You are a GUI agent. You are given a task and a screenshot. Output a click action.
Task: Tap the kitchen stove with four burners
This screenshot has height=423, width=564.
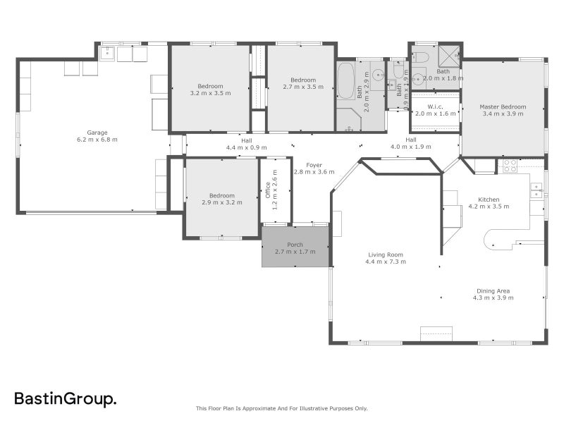point(508,166)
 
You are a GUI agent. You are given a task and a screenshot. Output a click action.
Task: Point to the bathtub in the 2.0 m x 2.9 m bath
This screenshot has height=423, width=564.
point(345,82)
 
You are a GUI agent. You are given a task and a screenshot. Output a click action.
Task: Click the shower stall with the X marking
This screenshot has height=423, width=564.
point(449,54)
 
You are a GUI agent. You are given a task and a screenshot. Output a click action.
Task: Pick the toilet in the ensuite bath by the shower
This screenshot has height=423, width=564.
point(420,56)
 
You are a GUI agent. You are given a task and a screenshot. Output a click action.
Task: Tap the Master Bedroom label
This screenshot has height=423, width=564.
point(503,106)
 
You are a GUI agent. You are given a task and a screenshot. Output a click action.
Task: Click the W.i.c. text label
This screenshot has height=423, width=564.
point(425,106)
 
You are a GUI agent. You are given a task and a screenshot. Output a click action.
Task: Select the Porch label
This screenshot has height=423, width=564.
point(295,245)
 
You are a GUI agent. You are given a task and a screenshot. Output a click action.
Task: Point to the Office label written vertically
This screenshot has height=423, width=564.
point(267,190)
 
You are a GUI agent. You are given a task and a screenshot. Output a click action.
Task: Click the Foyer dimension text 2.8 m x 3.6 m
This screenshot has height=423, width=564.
point(314,172)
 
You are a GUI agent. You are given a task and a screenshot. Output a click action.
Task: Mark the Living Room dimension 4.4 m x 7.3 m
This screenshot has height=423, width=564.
point(385,262)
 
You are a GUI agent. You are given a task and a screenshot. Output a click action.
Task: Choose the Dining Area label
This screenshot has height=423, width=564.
point(493,290)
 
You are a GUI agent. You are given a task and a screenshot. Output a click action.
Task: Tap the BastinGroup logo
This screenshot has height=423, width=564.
point(66,399)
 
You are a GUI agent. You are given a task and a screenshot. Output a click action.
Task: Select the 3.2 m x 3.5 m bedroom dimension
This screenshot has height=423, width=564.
point(210,93)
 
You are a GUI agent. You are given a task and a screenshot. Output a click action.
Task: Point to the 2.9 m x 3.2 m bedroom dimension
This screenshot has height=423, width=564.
point(221,202)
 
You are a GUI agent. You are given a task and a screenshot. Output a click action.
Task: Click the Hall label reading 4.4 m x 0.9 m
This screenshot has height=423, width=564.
point(246,148)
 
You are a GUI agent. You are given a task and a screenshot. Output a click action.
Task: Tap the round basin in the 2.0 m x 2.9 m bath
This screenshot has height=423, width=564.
point(378,73)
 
